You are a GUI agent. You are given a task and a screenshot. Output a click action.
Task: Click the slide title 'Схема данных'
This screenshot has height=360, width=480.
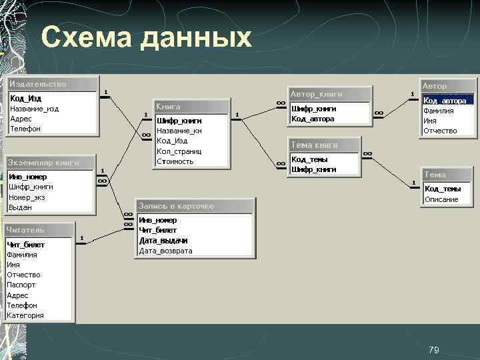pos(146,39)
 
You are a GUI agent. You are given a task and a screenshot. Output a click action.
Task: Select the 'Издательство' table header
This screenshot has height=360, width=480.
pos(38,84)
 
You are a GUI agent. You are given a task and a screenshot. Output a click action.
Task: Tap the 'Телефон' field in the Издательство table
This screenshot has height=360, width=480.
pos(25,129)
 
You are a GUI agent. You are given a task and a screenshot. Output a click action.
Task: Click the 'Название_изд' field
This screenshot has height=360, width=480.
pos(34,109)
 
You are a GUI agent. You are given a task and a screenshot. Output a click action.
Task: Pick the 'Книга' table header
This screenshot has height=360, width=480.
pos(169,107)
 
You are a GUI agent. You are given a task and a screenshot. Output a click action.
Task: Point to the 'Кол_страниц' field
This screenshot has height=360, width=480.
pos(175,151)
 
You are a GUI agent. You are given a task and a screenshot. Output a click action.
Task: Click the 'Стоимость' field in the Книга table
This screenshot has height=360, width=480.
pos(175,161)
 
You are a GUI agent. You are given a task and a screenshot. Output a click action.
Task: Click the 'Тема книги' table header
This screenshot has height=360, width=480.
pos(314,145)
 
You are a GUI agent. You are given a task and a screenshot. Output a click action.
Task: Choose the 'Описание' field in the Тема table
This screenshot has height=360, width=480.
pos(441,199)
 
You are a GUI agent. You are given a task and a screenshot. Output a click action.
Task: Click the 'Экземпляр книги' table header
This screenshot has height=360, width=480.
pos(43,162)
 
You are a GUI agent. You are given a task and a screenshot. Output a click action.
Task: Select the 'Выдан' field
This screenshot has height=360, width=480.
pos(20,207)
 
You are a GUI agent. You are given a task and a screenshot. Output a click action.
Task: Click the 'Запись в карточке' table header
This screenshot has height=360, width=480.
pos(176,206)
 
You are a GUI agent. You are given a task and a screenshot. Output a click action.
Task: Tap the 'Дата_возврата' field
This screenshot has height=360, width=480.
pos(165,251)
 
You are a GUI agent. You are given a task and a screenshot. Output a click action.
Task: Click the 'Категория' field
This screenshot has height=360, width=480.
pos(25,315)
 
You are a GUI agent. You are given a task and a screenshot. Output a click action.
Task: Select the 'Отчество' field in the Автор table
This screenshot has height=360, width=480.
pos(440,131)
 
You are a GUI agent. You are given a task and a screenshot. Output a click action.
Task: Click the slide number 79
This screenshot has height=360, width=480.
pos(434,350)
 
